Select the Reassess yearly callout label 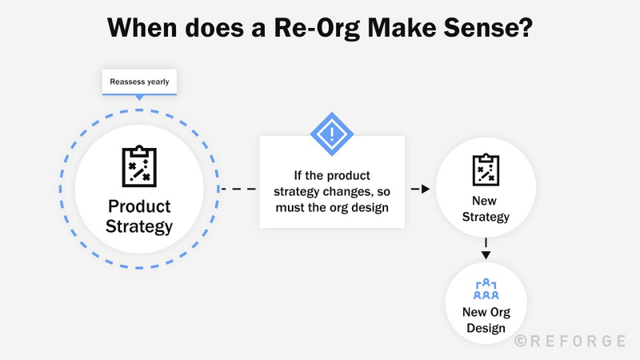point(140,81)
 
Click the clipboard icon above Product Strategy point(140,166)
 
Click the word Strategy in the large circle point(140,226)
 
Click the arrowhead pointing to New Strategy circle point(426,190)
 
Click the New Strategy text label point(486,210)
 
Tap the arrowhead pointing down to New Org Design point(486,255)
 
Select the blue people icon point(486,290)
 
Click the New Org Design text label point(486,320)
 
